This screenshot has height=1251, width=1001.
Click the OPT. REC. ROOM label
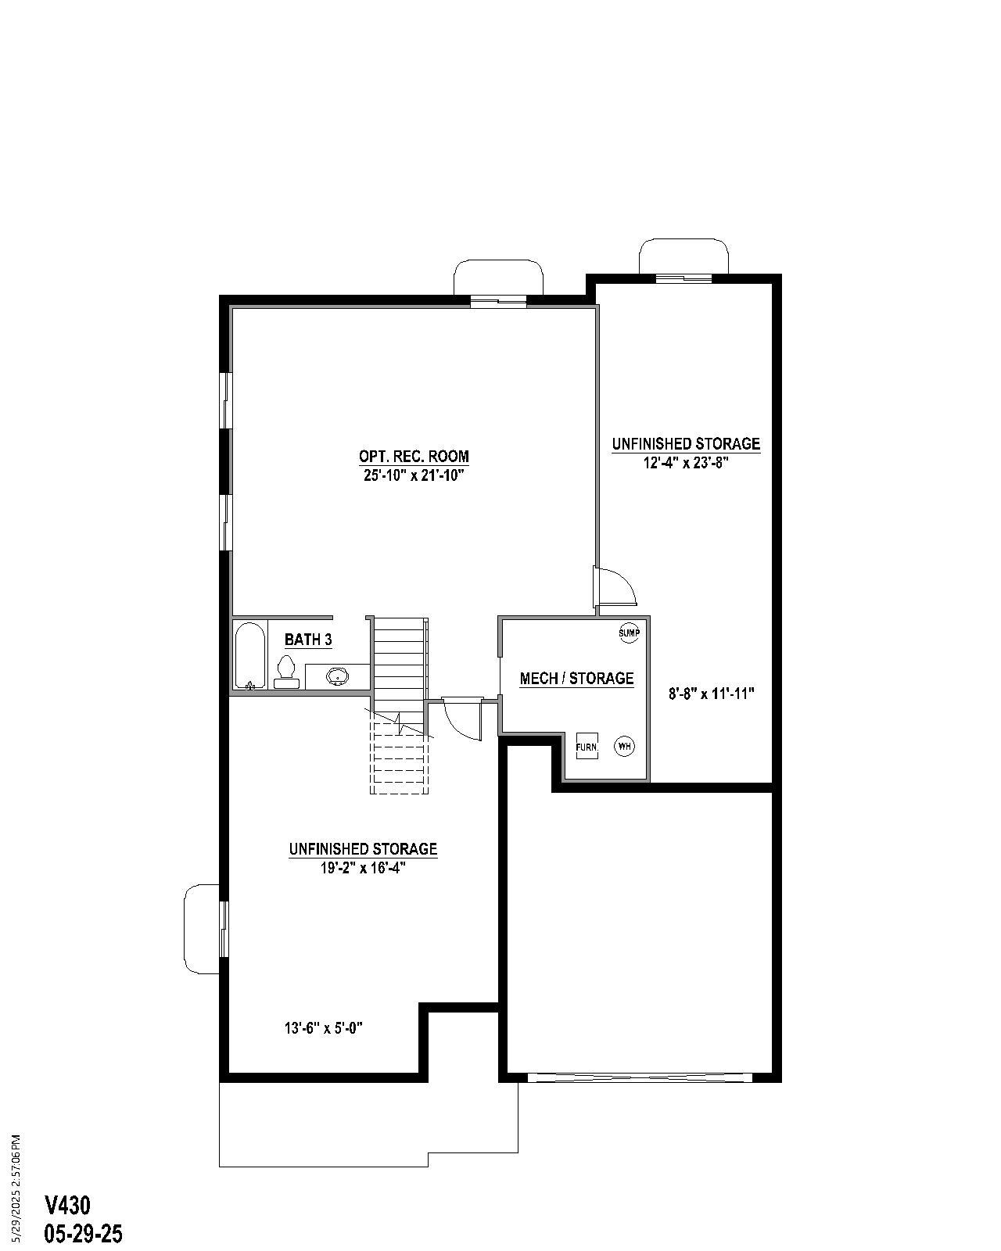pos(414,456)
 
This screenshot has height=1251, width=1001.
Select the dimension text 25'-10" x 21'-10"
pos(414,475)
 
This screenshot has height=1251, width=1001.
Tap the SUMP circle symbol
pos(630,633)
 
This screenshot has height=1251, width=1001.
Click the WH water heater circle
pos(624,747)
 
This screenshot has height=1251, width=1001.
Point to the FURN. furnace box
pos(587,747)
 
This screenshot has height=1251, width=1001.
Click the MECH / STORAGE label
pos(576,678)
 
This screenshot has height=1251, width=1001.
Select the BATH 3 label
pos(308,640)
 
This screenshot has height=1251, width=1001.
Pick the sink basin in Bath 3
pos(337,676)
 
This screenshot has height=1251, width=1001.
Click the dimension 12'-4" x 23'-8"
pos(686,462)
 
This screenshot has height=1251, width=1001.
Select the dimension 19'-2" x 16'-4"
pos(363,867)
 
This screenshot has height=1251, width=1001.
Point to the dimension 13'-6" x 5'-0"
pos(323,1028)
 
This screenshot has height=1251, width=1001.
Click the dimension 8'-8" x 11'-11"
pos(711,693)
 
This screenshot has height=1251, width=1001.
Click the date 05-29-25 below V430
pos(84,1234)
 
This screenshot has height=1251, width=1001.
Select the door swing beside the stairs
pos(461,719)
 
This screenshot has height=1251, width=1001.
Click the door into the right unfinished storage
pos(616,587)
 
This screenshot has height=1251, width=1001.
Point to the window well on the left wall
pos(201,929)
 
